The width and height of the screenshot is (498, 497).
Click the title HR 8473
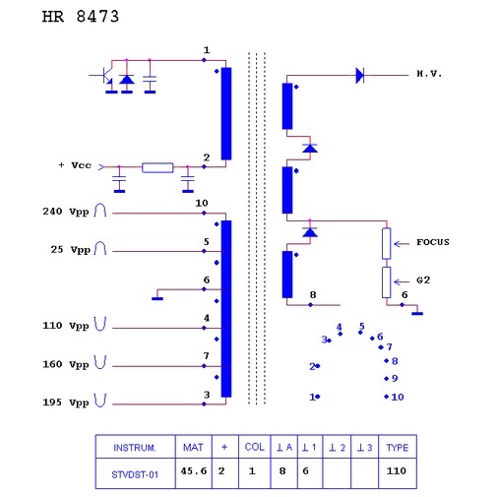click(x=81, y=17)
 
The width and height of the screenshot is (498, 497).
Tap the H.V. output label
click(x=429, y=74)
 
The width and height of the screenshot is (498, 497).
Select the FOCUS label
click(x=433, y=242)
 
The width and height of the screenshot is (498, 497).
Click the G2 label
click(x=423, y=280)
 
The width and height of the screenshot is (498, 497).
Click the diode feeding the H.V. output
click(x=360, y=76)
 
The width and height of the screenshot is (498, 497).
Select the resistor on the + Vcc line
click(x=157, y=167)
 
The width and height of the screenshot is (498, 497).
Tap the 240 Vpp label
click(x=66, y=212)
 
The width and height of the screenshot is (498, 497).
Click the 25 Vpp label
click(x=70, y=250)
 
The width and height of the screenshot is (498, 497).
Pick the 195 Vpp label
click(x=66, y=403)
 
